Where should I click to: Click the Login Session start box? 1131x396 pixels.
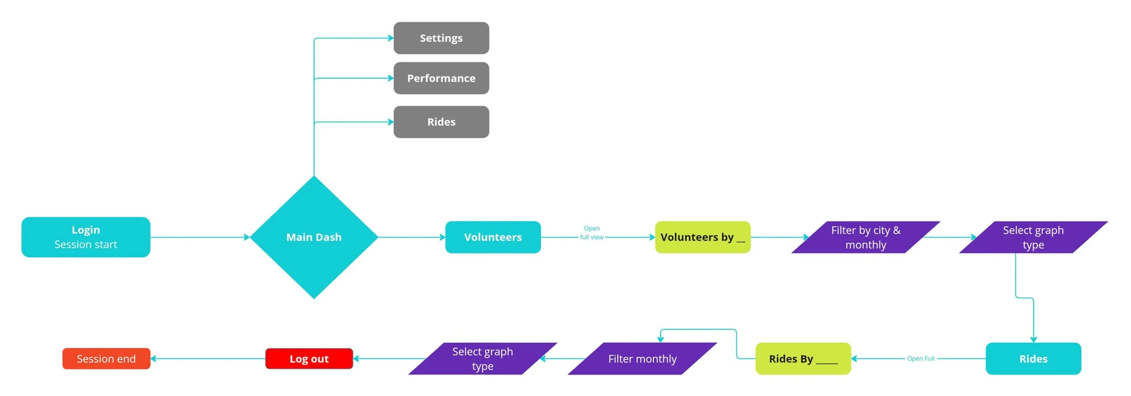pyautogui.click(x=86, y=237)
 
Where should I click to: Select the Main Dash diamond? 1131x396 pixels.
pyautogui.click(x=314, y=237)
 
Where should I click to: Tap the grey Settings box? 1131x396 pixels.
pyautogui.click(x=441, y=38)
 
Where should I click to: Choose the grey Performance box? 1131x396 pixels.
pyautogui.click(x=441, y=78)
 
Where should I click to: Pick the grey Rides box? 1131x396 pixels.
pyautogui.click(x=441, y=122)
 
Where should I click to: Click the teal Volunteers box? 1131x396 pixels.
pyautogui.click(x=493, y=237)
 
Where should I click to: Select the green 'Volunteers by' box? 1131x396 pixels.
pyautogui.click(x=702, y=237)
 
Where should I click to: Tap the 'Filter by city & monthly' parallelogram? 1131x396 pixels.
pyautogui.click(x=865, y=237)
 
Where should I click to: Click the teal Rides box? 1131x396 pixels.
pyautogui.click(x=1033, y=358)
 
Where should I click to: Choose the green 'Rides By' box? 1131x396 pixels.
pyautogui.click(x=803, y=358)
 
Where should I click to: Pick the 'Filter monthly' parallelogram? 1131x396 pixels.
pyautogui.click(x=642, y=358)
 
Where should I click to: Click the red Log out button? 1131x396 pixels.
pyautogui.click(x=309, y=358)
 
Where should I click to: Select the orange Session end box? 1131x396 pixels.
pyautogui.click(x=106, y=358)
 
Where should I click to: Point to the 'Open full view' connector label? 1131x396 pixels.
pyautogui.click(x=591, y=233)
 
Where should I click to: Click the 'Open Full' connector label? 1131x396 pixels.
pyautogui.click(x=920, y=358)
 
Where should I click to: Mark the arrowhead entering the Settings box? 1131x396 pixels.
pyautogui.click(x=390, y=38)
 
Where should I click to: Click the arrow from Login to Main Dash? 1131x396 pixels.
pyautogui.click(x=199, y=237)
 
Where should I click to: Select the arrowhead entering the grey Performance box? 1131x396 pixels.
pyautogui.click(x=390, y=78)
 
